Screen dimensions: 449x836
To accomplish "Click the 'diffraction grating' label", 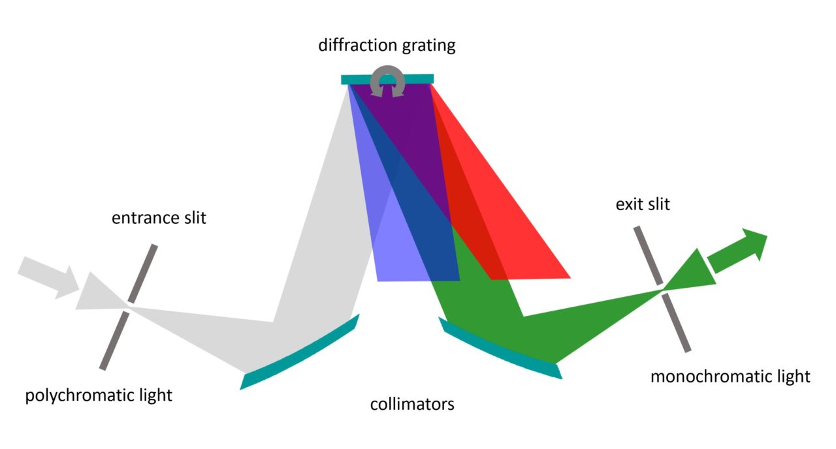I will pos(387,46).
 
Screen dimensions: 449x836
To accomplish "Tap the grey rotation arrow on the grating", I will pos(387,82).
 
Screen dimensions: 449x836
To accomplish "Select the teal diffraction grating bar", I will pos(356,80).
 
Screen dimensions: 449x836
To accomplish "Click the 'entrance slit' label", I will pos(159,218).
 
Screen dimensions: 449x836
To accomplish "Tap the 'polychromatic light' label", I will pos(99,395).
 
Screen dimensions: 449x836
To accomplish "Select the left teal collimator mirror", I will pos(300,352).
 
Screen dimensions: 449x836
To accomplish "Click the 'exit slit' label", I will pos(643,205).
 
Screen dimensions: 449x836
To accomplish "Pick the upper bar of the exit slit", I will pos(647,255).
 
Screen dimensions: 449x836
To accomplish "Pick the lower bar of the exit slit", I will pos(677,323).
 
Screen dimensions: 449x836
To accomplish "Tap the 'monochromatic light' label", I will pos(730,377).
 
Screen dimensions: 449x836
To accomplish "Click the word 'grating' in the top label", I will pos(427,46).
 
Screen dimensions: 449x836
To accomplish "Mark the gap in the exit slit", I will pos(662,288).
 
